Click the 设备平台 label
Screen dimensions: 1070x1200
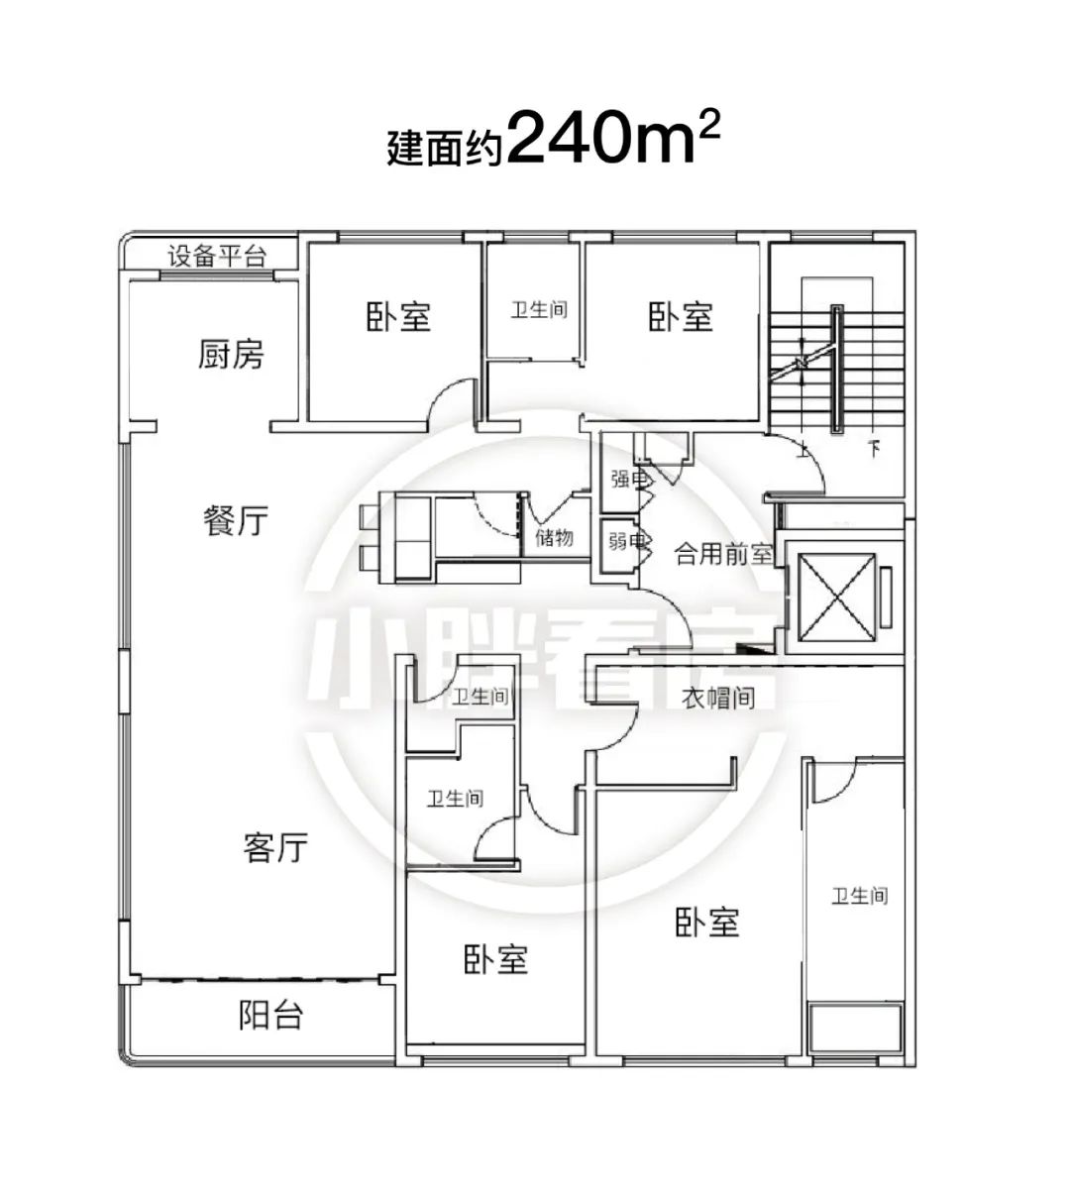coord(217,257)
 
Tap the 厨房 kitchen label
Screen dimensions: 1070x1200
coord(230,354)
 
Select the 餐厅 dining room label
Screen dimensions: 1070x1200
coord(236,520)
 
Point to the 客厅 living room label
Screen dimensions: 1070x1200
coord(275,847)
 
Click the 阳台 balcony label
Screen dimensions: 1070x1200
coord(271,1015)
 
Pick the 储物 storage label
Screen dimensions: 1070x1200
coord(554,537)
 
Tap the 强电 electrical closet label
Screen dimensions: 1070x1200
coord(628,480)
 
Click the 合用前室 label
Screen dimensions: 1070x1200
coord(723,554)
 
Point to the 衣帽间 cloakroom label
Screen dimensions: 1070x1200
coord(717,698)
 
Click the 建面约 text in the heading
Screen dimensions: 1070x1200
coord(444,148)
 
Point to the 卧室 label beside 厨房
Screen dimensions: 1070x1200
coord(398,316)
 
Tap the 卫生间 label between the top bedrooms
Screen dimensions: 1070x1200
coord(539,309)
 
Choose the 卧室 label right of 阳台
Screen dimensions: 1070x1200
coord(495,959)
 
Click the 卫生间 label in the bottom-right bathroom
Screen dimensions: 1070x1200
coord(860,896)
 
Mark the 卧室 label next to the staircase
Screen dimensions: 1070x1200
coord(681,316)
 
